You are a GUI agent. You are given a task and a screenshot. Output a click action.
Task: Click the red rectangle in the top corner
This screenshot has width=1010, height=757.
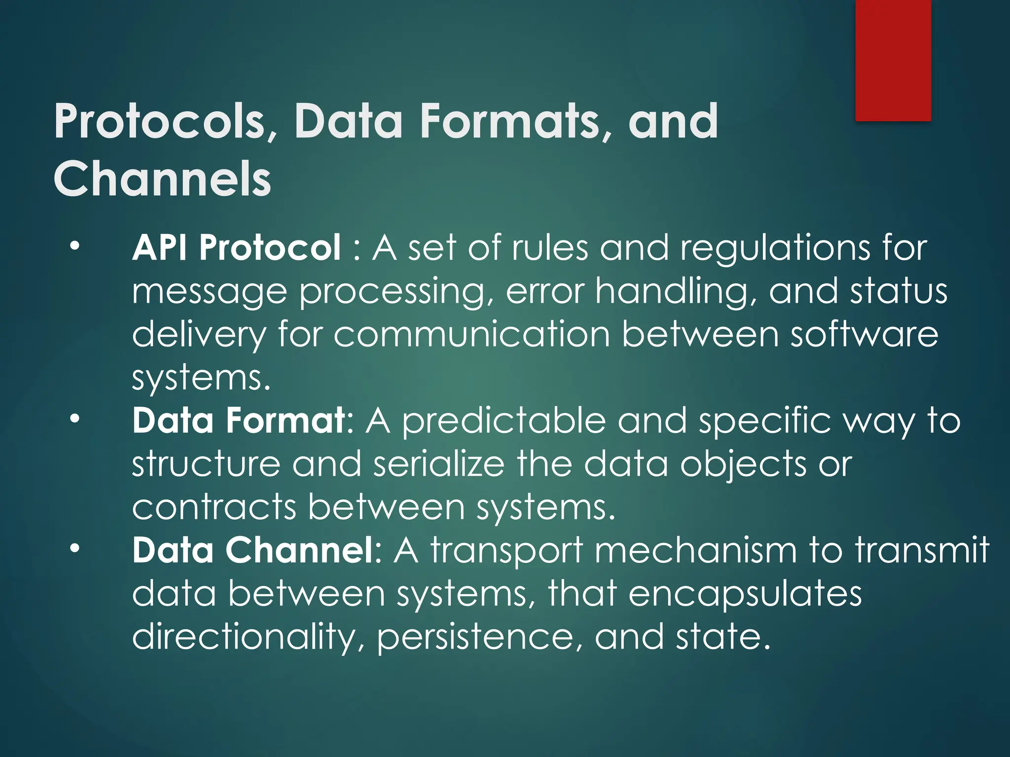click(893, 60)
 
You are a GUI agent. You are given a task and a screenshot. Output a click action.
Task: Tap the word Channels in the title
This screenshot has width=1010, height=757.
click(162, 178)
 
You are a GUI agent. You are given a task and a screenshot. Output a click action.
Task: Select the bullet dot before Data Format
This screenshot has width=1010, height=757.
click(74, 419)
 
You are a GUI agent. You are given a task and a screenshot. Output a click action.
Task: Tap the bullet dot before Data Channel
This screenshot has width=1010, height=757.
click(74, 549)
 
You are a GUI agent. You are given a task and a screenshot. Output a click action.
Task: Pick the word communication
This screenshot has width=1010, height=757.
click(471, 335)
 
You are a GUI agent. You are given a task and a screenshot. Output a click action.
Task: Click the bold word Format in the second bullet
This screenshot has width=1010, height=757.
click(286, 420)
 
